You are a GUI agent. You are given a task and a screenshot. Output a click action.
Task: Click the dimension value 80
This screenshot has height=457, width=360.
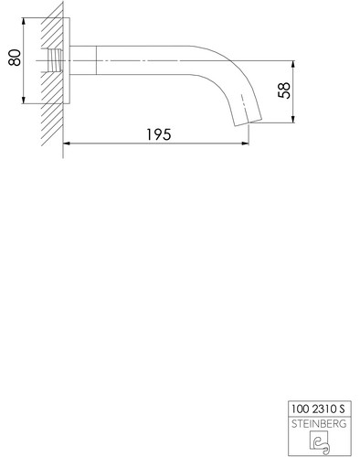point(15,58)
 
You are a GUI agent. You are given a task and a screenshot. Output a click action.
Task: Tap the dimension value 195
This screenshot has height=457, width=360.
point(159,134)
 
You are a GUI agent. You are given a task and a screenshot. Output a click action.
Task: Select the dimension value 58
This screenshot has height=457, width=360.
point(284,90)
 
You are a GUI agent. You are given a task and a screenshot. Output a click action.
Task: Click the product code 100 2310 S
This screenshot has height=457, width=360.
point(318,409)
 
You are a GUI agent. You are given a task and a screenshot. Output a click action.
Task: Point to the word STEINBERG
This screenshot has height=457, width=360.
point(319,424)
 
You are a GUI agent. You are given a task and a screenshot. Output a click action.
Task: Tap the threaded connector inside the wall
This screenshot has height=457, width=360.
point(55,60)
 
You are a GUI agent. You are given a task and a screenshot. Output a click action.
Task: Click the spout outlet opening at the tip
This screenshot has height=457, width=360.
point(248,122)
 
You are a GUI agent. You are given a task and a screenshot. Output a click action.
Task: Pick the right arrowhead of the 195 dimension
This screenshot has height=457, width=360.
point(245,143)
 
